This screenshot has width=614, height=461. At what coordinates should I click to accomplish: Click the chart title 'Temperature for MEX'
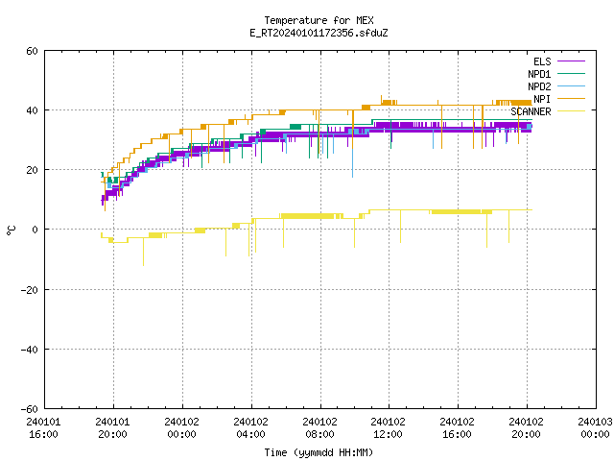point(319,20)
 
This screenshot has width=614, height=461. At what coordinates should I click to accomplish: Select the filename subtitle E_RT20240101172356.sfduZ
point(319,33)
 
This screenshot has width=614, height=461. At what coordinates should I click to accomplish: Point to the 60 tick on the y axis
point(32,51)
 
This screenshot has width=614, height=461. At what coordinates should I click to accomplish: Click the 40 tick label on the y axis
point(32,110)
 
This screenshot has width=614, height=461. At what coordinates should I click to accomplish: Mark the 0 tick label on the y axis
point(35,230)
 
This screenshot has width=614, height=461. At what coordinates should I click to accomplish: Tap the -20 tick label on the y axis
point(29,290)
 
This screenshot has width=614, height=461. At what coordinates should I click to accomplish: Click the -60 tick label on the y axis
point(29,409)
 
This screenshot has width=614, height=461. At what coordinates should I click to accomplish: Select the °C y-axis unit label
point(12,230)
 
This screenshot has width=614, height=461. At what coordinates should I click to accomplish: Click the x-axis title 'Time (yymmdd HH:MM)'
point(319,452)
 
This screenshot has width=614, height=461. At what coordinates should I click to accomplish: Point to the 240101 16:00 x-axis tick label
point(43,428)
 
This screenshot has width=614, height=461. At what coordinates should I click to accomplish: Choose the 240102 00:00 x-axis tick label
point(181,428)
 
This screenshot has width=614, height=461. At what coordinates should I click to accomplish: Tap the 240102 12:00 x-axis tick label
point(388,428)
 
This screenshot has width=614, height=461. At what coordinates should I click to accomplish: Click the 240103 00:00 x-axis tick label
point(595,428)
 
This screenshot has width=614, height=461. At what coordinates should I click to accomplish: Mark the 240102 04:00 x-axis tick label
point(250,428)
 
